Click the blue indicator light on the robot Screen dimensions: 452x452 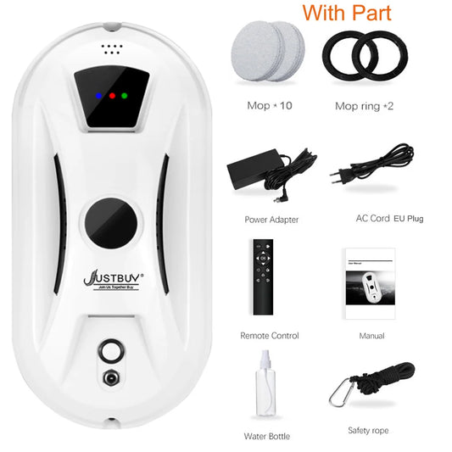pyautogui.click(x=98, y=96)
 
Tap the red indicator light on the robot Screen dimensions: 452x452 pyautogui.click(x=111, y=96)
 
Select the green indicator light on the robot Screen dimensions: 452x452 pyautogui.click(x=124, y=96)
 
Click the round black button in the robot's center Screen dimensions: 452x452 pyautogui.click(x=111, y=222)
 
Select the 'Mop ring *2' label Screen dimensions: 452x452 pyautogui.click(x=364, y=107)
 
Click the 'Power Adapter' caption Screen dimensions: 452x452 pyautogui.click(x=271, y=220)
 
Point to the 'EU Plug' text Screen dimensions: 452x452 pyautogui.click(x=408, y=219)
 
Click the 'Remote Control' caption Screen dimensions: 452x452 pyautogui.click(x=269, y=336)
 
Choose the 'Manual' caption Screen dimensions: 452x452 pyautogui.click(x=371, y=336)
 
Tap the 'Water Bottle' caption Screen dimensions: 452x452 pyautogui.click(x=267, y=437)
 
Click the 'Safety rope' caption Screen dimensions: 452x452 pyautogui.click(x=370, y=430)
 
